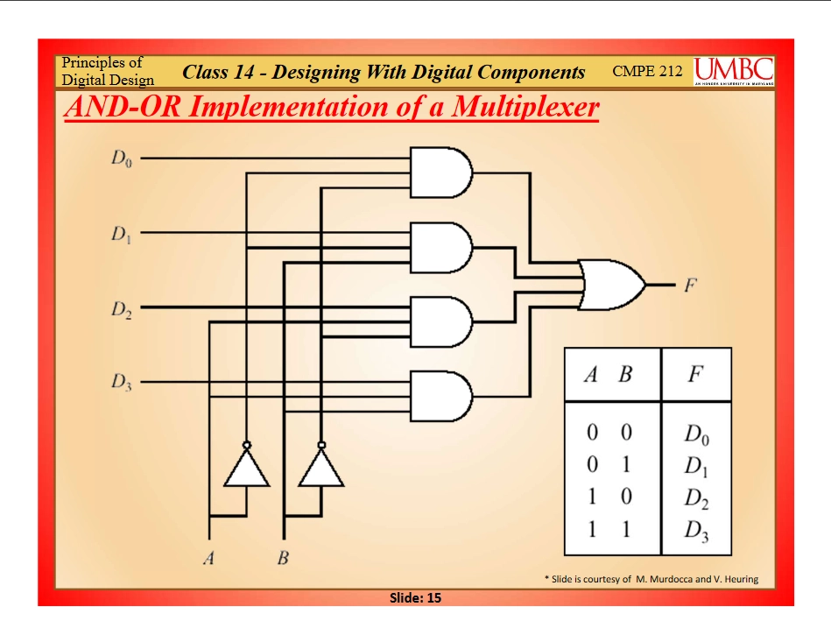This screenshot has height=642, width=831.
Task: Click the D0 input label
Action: tap(122, 158)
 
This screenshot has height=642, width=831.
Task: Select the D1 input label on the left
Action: tap(121, 233)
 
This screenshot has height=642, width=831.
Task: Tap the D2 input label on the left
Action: tap(122, 308)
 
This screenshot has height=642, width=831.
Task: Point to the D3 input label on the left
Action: tap(122, 382)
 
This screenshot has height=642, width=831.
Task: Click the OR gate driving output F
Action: tap(611, 285)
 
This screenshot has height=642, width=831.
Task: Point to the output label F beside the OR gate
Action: tap(689, 286)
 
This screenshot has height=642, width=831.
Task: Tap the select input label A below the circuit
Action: tap(208, 558)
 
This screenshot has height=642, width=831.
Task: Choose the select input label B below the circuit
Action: tap(283, 558)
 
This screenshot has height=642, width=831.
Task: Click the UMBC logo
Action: tap(734, 71)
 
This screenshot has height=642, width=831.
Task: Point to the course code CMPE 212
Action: tap(647, 71)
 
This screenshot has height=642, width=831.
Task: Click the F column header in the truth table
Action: tap(695, 374)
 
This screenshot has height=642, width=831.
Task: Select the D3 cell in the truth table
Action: tap(696, 531)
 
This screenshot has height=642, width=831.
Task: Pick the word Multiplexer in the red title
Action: tap(525, 107)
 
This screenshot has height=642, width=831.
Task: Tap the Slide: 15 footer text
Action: tap(415, 598)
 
